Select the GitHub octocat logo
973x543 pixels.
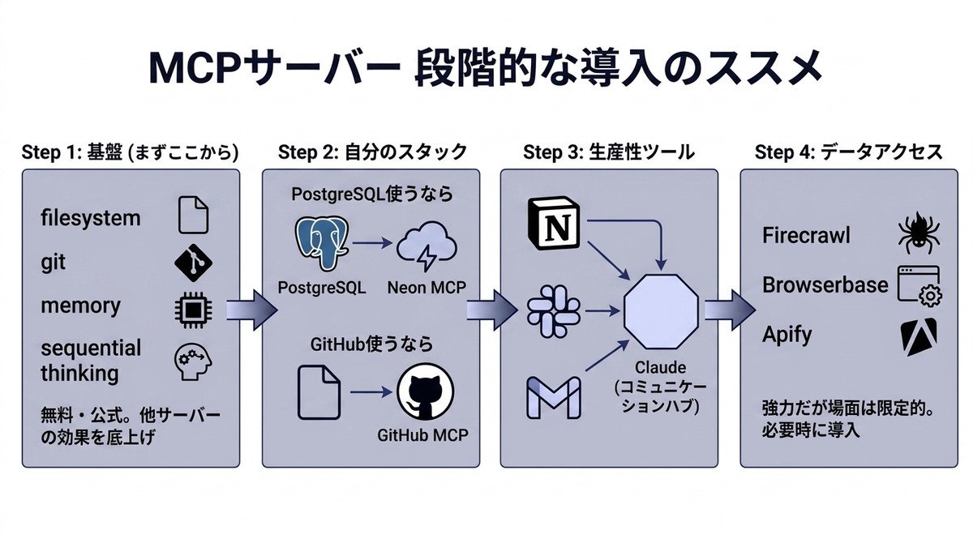425,392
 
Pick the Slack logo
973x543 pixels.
554,309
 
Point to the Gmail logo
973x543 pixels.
554,397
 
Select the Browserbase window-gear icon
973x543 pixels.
919,286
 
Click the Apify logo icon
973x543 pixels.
917,336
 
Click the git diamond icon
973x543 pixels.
193,262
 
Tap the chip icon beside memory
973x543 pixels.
193,307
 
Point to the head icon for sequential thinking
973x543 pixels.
193,362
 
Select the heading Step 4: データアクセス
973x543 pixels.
848,152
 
